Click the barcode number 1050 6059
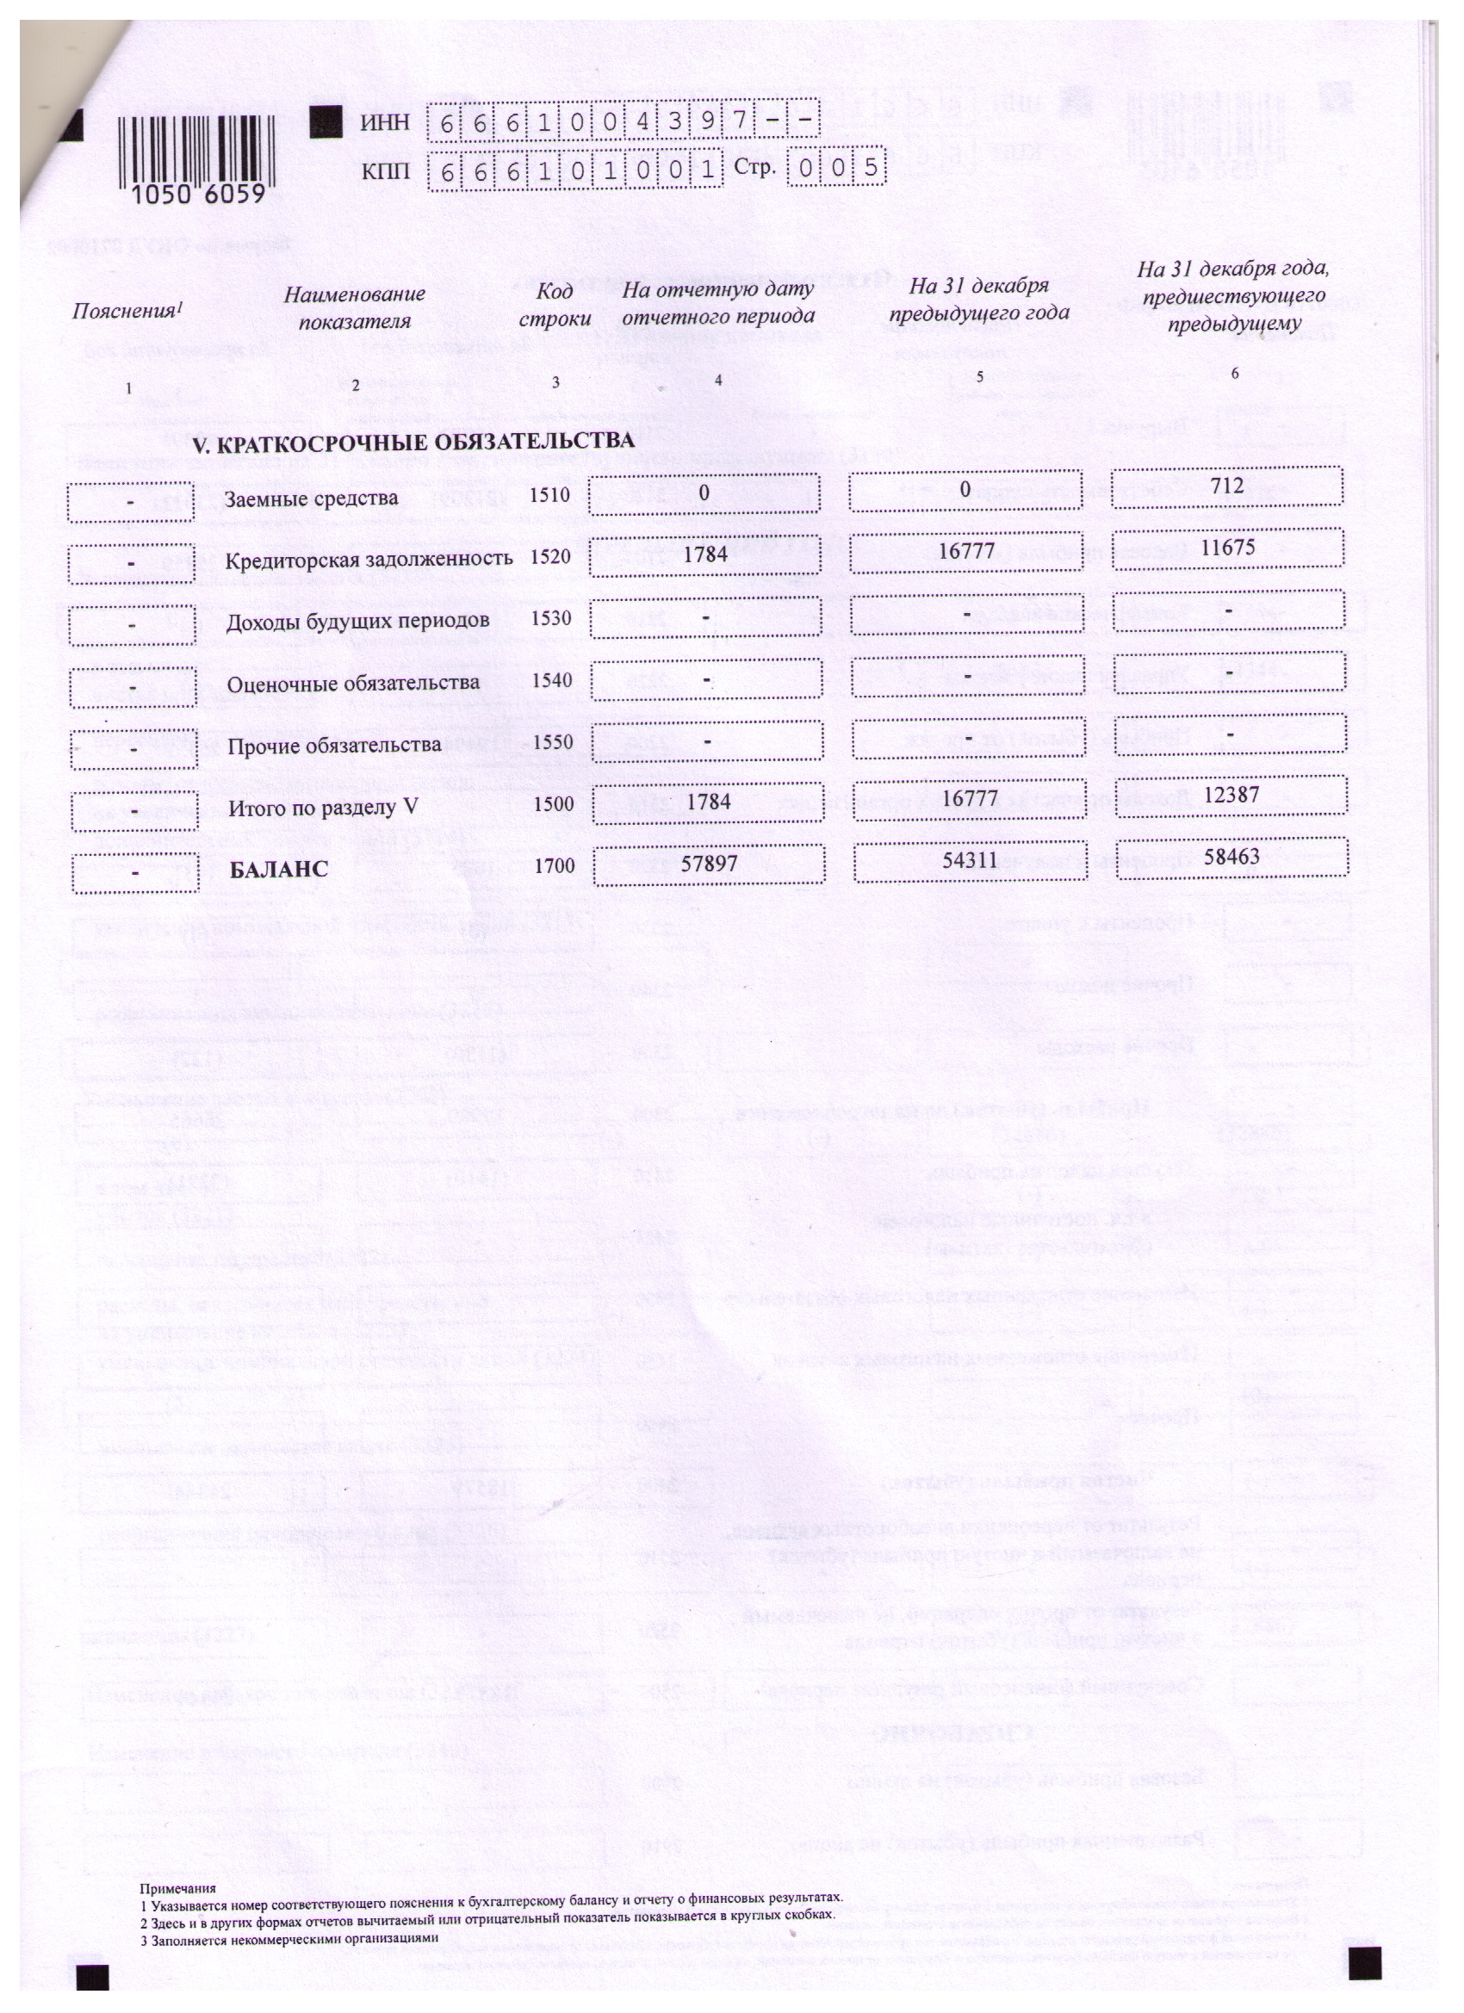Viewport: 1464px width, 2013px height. point(199,194)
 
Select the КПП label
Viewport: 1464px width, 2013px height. point(385,170)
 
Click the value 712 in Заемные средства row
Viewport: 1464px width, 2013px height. point(1229,486)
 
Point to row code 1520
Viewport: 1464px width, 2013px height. point(549,556)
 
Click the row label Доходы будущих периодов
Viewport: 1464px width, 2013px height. point(357,621)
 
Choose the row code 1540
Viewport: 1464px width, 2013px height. point(550,681)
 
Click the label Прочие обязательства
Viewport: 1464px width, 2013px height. point(334,745)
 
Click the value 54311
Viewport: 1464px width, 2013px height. point(971,859)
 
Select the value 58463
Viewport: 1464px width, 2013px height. point(1233,856)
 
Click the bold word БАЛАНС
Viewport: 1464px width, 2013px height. point(279,870)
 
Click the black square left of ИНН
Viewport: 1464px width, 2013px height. point(326,121)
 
